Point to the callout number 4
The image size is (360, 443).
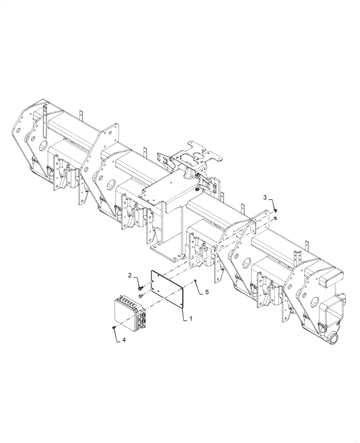(123, 340)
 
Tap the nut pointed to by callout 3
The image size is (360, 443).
(275, 210)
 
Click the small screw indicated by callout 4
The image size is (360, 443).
(114, 327)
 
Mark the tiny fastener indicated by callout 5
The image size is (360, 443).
(195, 281)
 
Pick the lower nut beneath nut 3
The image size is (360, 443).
(275, 218)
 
